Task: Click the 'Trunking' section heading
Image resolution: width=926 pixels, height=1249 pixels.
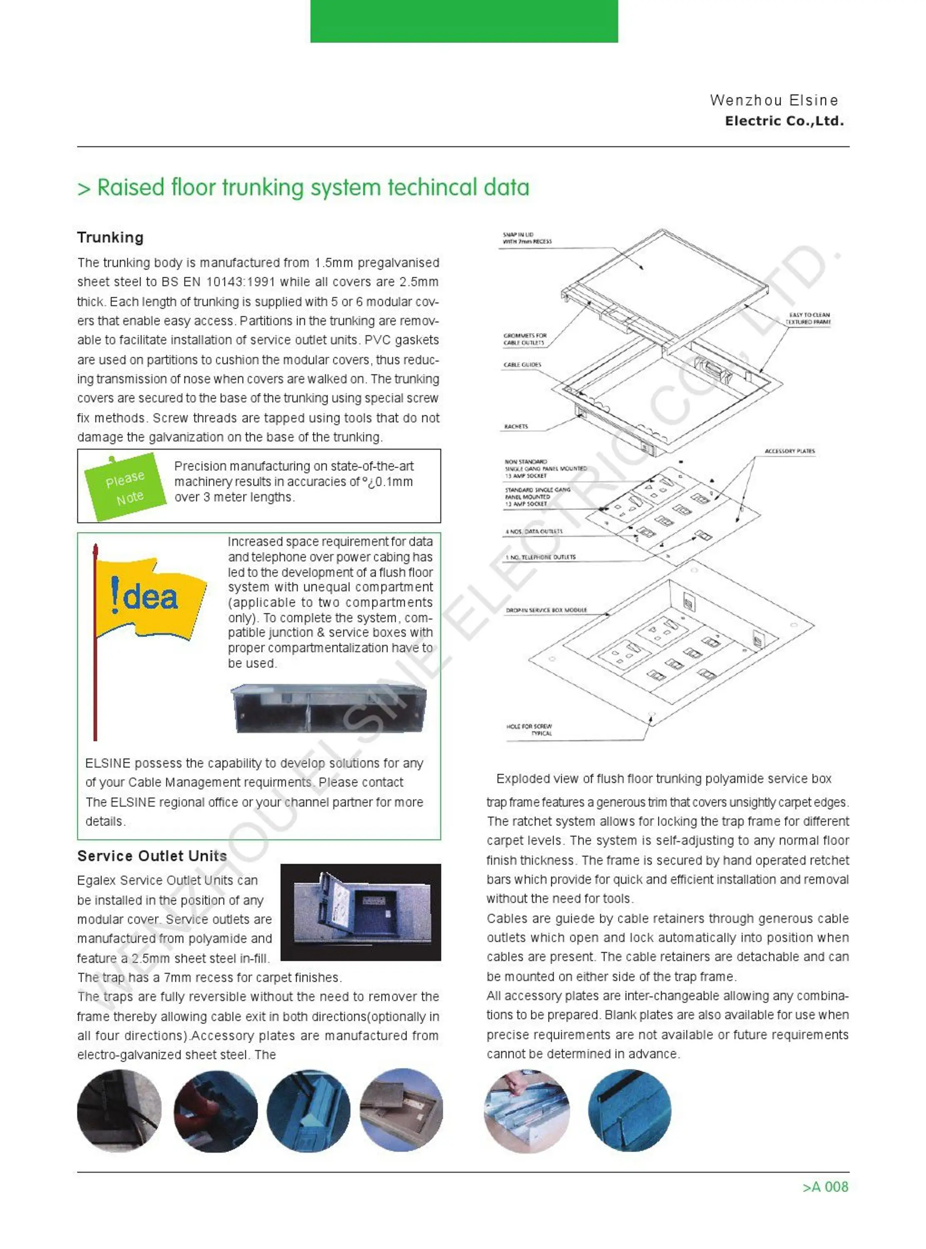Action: pyautogui.click(x=110, y=237)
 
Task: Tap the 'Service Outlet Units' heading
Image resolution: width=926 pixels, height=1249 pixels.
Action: pyautogui.click(x=152, y=856)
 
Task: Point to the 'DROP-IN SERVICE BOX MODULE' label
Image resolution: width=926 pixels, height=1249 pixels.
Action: pyautogui.click(x=546, y=610)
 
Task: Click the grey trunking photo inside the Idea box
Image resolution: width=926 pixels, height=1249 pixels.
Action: pyautogui.click(x=328, y=709)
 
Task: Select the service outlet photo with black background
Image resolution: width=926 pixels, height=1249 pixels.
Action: pyautogui.click(x=360, y=912)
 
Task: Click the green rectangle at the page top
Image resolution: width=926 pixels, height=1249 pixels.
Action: pyautogui.click(x=464, y=21)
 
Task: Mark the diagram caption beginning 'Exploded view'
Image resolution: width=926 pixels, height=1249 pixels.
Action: pyautogui.click(x=663, y=778)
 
